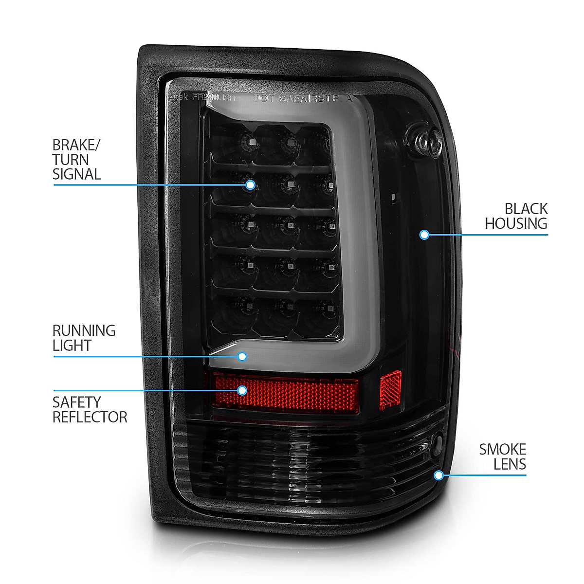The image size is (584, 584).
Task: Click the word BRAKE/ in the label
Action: [76, 145]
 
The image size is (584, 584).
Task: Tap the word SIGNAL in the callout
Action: [77, 174]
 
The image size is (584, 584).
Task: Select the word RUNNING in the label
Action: [84, 331]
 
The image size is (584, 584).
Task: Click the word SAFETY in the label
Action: [77, 402]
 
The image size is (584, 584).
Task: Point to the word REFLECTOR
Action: [90, 417]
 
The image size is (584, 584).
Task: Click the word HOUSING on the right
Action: [516, 224]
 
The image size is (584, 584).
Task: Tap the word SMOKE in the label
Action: [502, 449]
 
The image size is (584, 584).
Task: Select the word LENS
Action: [510, 464]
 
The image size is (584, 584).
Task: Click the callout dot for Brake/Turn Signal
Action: [250, 185]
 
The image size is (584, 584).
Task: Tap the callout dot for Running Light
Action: [242, 356]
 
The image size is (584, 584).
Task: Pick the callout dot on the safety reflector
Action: [242, 390]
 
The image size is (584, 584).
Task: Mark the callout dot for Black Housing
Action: [424, 235]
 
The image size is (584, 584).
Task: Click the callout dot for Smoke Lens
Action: [439, 475]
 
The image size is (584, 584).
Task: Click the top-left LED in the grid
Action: [252, 142]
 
